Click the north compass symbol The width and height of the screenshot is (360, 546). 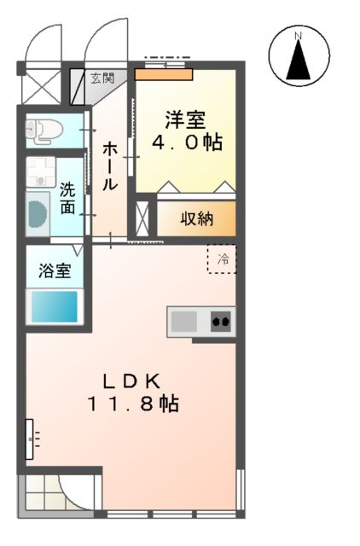(x=299, y=55)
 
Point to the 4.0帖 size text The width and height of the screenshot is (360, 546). (x=187, y=142)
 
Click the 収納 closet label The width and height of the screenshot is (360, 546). (x=195, y=218)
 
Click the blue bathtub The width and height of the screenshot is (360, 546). (x=55, y=305)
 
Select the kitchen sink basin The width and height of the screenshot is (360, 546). (x=183, y=322)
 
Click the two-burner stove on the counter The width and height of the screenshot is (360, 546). (x=221, y=322)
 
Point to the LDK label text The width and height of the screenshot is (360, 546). (x=131, y=381)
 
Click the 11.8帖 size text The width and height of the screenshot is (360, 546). (x=131, y=404)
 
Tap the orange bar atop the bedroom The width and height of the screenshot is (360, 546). (x=163, y=74)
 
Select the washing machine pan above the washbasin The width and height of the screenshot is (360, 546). (x=39, y=172)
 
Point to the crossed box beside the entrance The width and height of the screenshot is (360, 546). (x=39, y=86)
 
